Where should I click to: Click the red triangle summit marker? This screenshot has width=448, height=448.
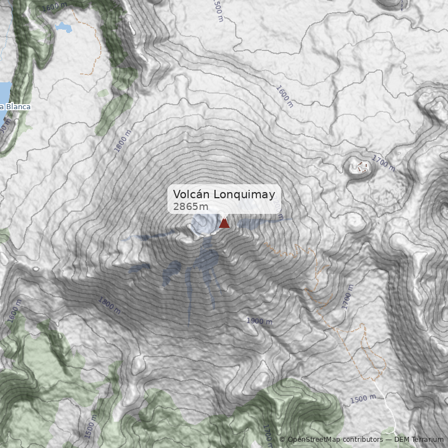[224, 223]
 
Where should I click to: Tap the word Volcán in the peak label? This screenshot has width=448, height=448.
[188, 194]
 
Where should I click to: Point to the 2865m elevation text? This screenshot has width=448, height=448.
[186, 207]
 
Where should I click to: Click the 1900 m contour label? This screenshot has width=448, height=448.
[259, 321]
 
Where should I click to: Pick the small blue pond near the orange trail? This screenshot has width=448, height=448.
[64, 27]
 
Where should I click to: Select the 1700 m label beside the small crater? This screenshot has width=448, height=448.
[384, 164]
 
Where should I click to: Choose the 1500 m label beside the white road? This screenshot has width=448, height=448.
[363, 399]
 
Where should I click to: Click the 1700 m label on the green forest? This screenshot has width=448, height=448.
[268, 431]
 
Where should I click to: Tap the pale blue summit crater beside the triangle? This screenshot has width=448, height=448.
[204, 225]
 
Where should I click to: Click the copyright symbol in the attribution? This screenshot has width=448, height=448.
[282, 440]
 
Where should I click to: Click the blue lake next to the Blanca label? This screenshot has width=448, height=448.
[4, 92]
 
